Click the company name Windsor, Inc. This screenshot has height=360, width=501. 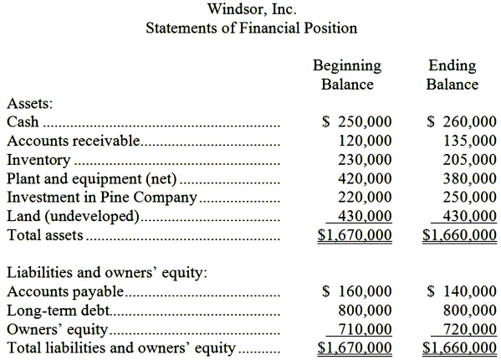coord(251,9)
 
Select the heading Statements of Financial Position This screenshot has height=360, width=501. coord(251,28)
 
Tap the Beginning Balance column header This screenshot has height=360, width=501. coord(347,75)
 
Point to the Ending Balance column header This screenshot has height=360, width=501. coord(452,75)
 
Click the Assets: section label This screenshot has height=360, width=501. coord(30,104)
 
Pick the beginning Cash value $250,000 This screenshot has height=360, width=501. coord(357,122)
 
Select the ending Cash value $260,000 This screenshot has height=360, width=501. coord(462,122)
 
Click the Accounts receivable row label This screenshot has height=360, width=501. coord(74,141)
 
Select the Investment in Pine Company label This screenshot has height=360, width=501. coord(101,198)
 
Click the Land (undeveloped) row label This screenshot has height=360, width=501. coord(73,217)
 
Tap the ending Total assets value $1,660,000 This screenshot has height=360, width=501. coord(460,236)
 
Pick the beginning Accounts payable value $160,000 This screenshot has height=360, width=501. coord(357,291)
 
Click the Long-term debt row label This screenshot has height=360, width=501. coord(58,311)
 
